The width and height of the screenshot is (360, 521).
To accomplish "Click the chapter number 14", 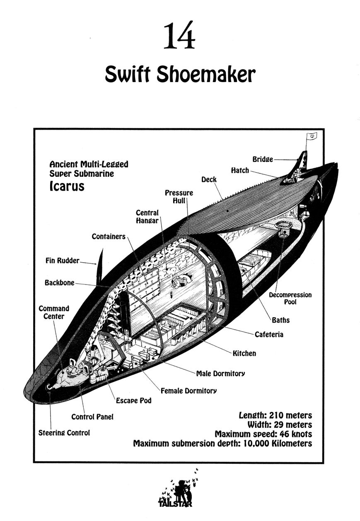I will click(x=179, y=36).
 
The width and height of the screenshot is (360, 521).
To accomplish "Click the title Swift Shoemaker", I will click(x=180, y=75).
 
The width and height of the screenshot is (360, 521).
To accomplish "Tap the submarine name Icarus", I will click(x=67, y=186).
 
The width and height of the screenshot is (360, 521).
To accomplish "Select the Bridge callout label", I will click(x=263, y=159).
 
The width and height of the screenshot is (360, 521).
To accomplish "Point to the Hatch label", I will click(x=240, y=170).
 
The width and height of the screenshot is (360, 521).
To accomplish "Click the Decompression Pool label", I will click(x=290, y=299).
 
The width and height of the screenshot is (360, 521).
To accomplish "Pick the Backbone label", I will click(x=59, y=283).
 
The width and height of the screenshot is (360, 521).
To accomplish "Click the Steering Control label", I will click(x=64, y=433).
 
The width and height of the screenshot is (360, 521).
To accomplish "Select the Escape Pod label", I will click(x=133, y=400).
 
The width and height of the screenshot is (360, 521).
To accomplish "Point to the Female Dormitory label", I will click(x=188, y=390).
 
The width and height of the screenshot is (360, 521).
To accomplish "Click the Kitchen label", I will click(x=244, y=353).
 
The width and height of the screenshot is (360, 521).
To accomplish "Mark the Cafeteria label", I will click(x=269, y=334).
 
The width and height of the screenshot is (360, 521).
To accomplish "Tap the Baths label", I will click(x=280, y=320).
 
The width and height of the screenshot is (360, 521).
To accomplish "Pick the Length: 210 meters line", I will click(x=275, y=415).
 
